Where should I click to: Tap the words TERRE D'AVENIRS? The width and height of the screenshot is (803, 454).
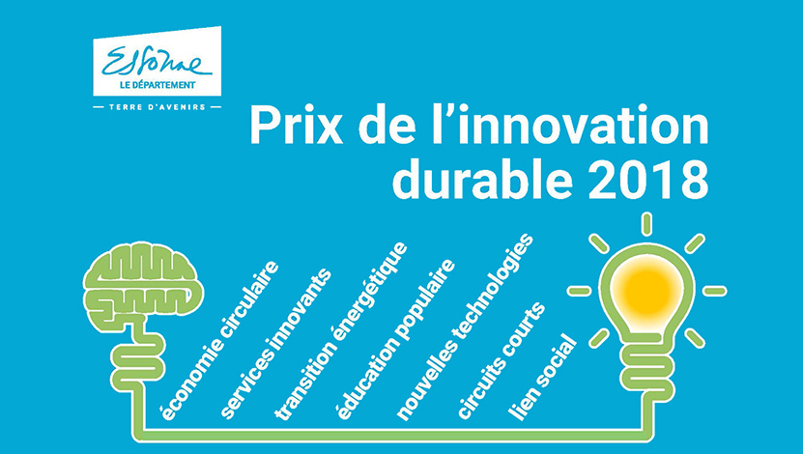158,107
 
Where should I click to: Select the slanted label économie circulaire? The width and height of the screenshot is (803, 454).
219,338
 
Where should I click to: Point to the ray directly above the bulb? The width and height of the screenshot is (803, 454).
645,223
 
